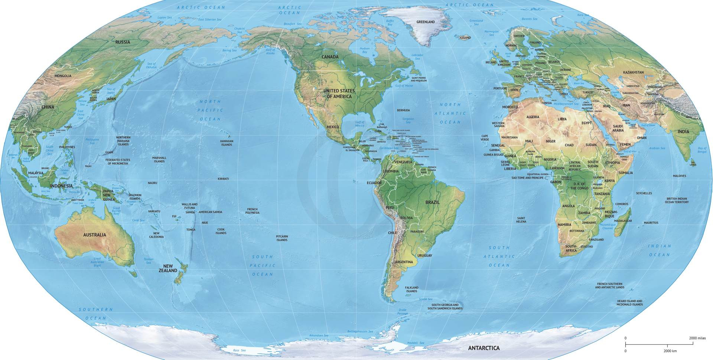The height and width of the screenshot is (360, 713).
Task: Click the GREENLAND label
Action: tap(426, 22)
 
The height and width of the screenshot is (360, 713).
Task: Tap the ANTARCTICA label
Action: tap(484, 348)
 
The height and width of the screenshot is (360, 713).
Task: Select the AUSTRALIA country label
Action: tap(94, 235)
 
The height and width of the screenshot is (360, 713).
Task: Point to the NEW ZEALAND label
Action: tap(168, 268)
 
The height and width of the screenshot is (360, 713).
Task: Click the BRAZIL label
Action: tap(432, 203)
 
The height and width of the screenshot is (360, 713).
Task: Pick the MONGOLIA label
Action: tap(63, 76)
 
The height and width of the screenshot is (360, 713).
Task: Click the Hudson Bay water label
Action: tap(365, 50)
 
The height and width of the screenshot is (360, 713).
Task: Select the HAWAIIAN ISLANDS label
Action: tap(227, 143)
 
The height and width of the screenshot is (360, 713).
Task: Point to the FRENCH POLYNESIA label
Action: tap(252, 211)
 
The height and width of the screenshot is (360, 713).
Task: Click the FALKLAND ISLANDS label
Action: tap(411, 289)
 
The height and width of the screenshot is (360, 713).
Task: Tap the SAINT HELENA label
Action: tap(521, 220)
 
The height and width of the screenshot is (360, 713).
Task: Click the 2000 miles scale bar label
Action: tap(697, 338)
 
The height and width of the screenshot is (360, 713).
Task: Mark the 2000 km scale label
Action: tap(670, 351)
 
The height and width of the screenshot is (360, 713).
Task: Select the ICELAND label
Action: tap(465, 37)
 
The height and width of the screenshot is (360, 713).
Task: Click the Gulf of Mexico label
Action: tap(359, 124)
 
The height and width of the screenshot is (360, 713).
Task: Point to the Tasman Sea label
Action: tap(148, 261)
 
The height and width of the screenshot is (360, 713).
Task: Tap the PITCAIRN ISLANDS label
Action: tap(282, 238)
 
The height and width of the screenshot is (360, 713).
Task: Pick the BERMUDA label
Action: tap(403, 110)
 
